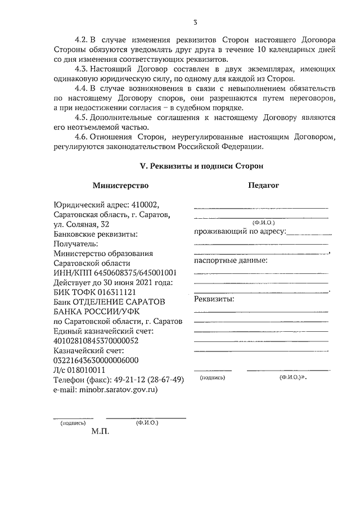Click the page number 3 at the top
click(x=195, y=22)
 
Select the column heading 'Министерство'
click(x=120, y=185)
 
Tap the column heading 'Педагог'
click(x=263, y=185)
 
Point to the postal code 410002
click(x=156, y=205)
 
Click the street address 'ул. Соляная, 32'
click(x=78, y=224)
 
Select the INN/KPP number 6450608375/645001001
click(x=137, y=273)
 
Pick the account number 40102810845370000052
click(x=96, y=341)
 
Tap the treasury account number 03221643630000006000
click(x=96, y=361)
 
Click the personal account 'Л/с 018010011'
click(x=79, y=370)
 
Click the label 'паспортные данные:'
click(x=230, y=260)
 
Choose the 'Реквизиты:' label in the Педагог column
click(x=214, y=299)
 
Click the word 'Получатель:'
click(x=75, y=244)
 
